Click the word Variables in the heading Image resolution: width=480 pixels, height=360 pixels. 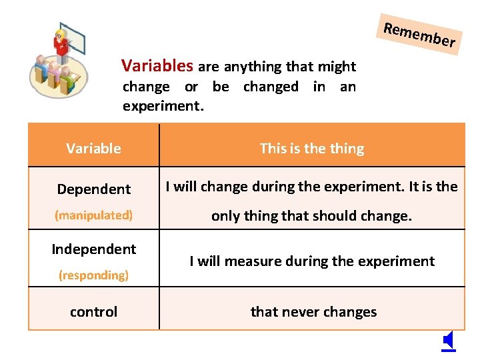point(157,65)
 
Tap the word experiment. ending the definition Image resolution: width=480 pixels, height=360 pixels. point(163,105)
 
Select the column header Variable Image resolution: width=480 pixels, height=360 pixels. point(93,148)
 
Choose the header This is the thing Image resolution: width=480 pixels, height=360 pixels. point(312,148)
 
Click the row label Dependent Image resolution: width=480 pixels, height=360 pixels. point(93,189)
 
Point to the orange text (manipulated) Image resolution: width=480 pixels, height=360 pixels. point(93,215)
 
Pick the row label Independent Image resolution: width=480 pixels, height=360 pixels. point(93,249)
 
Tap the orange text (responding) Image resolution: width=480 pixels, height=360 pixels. point(93,275)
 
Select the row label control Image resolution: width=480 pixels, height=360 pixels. point(93,311)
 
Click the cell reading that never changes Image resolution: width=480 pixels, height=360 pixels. point(313,311)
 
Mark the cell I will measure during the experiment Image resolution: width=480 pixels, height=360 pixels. point(312,261)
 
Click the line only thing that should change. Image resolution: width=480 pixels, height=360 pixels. point(312,215)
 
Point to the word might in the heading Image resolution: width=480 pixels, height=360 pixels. point(338,67)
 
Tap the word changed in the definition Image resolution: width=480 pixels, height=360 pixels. point(271,87)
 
